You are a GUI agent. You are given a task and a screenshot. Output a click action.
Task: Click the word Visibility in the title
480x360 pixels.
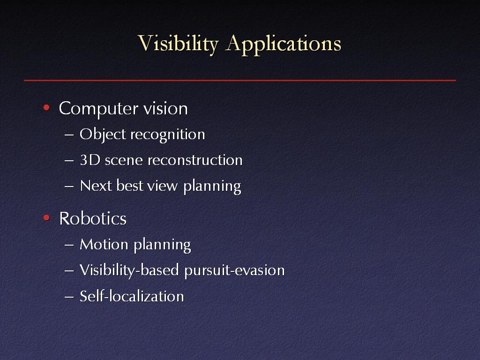pos(178,44)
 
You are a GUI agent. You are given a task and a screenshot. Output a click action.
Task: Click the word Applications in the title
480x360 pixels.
pos(283,44)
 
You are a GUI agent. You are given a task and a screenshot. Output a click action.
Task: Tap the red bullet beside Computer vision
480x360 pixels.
pos(46,107)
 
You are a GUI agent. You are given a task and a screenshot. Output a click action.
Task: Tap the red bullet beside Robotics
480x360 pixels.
pos(46,217)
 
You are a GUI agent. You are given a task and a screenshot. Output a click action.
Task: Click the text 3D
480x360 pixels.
pos(90,160)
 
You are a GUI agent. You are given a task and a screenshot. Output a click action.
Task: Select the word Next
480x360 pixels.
pos(96,186)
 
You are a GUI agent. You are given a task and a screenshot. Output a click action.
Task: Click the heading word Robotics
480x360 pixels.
pos(93,218)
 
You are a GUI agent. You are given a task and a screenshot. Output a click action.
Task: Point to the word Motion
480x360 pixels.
pos(104,244)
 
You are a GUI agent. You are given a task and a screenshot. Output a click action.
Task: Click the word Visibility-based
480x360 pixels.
pos(129,270)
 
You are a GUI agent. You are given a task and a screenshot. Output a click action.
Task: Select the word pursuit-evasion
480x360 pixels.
pos(234,270)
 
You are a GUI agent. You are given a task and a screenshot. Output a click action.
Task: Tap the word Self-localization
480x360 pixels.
pos(132,296)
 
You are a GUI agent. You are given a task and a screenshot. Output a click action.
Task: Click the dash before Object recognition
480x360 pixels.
pos(69,135)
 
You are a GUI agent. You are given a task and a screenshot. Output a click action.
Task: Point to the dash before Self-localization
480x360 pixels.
pos(69,297)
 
